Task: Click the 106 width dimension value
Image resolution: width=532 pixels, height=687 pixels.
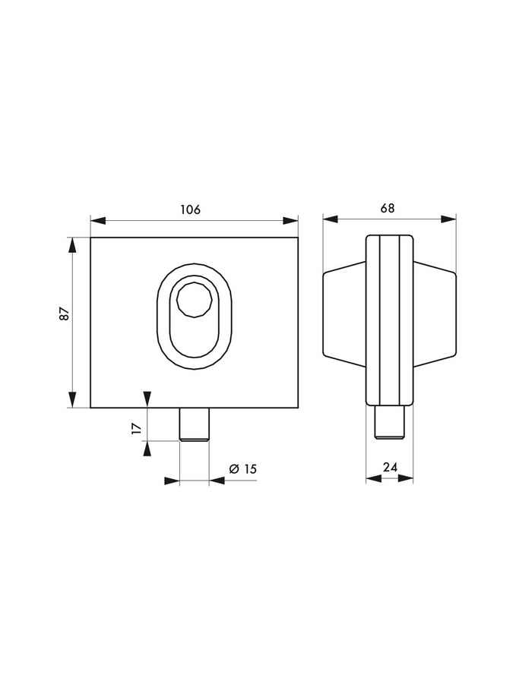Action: [x=190, y=210]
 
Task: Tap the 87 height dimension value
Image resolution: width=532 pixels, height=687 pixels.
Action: [x=65, y=314]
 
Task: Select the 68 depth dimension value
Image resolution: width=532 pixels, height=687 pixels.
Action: [x=388, y=208]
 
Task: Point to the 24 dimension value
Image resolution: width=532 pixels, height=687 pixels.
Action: [x=390, y=467]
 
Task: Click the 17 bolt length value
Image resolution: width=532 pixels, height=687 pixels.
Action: [x=137, y=428]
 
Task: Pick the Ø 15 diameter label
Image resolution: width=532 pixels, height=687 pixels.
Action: [x=242, y=469]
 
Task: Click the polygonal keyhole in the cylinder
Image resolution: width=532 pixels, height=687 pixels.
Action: [x=195, y=299]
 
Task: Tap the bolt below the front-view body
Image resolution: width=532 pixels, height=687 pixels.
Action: [x=195, y=424]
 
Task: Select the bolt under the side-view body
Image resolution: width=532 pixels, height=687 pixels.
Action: [x=389, y=422]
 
